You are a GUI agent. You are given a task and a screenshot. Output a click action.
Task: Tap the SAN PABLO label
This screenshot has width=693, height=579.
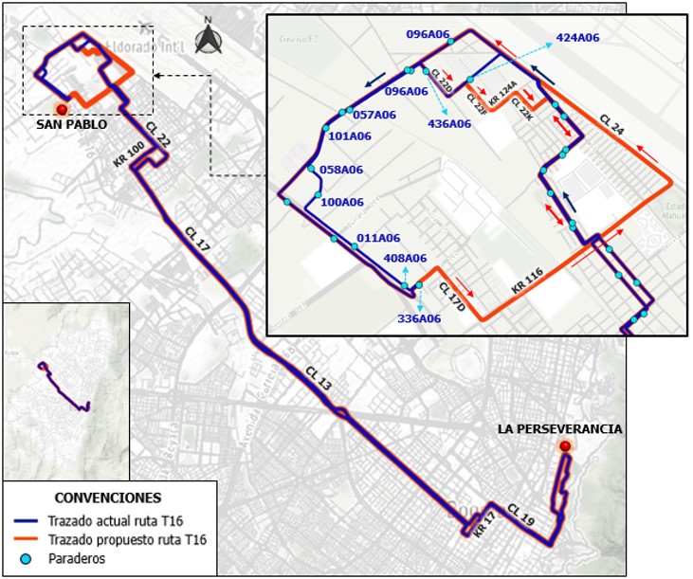tap(71, 124)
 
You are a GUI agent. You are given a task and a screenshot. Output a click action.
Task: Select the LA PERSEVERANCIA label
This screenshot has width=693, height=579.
tap(559, 429)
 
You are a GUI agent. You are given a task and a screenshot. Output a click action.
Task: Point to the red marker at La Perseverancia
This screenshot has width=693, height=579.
tap(565, 446)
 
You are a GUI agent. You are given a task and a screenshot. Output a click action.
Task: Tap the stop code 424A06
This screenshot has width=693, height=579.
tap(577, 38)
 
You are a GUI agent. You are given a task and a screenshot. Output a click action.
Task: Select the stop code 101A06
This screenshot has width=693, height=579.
tap(350, 136)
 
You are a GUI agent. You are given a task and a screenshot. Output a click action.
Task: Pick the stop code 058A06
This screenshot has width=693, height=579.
tap(343, 170)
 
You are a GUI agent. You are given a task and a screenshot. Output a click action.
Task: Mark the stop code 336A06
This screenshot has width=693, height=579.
tap(419, 318)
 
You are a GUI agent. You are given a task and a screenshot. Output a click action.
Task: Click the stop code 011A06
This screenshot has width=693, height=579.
tap(378, 238)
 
